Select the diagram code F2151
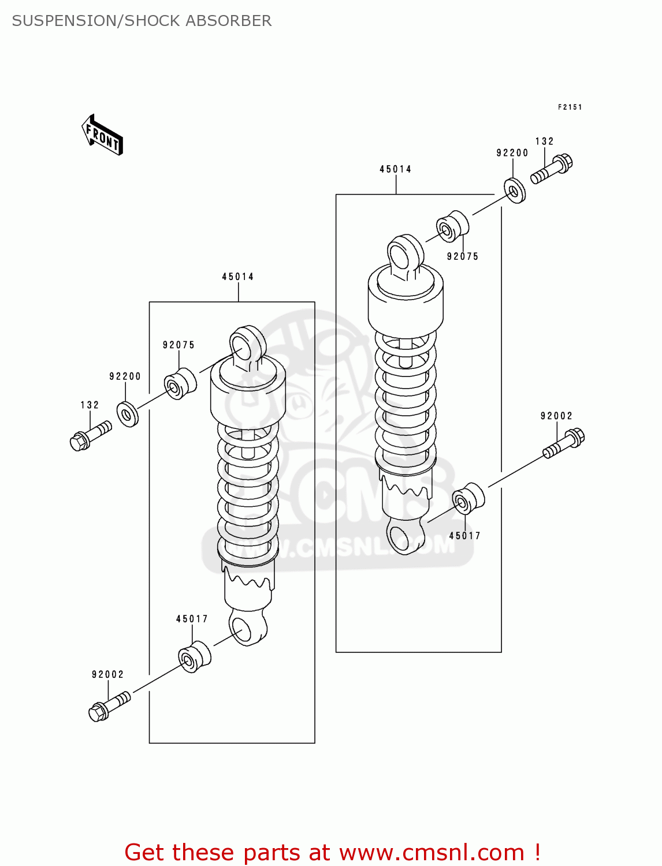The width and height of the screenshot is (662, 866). [570, 107]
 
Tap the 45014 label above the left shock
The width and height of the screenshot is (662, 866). [238, 277]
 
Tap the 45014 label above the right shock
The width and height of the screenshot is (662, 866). [396, 170]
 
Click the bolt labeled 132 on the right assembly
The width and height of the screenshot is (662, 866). [552, 169]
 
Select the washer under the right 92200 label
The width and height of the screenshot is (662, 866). [514, 191]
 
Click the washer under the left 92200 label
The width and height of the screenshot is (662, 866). [127, 414]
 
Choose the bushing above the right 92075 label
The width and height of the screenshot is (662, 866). [452, 227]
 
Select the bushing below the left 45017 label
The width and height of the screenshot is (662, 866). [194, 656]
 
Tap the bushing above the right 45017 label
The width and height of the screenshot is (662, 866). [468, 499]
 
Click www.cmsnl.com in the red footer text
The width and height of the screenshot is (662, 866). [431, 853]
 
